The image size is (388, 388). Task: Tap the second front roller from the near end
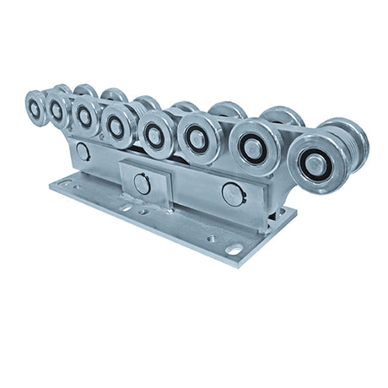pyautogui.click(x=254, y=146)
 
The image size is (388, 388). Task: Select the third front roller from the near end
pyautogui.click(x=199, y=137)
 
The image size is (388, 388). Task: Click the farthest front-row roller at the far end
pyautogui.click(x=35, y=108)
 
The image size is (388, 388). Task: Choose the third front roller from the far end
pyautogui.click(x=84, y=116)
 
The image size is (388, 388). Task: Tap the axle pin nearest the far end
pyautogui.click(x=82, y=152)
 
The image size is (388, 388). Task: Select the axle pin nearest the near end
pyautogui.click(x=233, y=193)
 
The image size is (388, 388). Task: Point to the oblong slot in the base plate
pyautogui.click(x=234, y=249)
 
